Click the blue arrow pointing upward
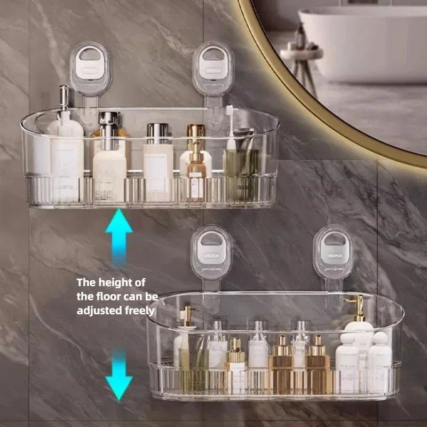point(118,235)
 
